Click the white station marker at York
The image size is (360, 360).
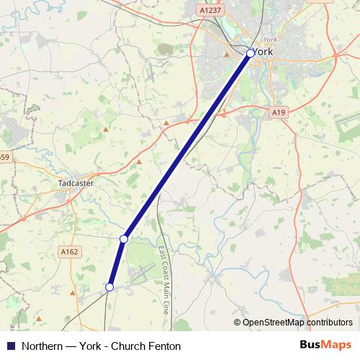[x=250, y=53]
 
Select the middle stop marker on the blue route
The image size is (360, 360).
[x=124, y=238]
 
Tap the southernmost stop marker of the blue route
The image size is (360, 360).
[x=109, y=287]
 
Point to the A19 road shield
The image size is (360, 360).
[x=279, y=112]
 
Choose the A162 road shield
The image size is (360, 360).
[x=69, y=251]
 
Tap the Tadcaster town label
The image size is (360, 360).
[x=76, y=184]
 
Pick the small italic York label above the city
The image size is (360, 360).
[x=270, y=40]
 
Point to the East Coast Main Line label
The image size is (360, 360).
[x=163, y=279]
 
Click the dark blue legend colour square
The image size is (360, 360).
[x=10, y=346]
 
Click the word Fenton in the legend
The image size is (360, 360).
[x=164, y=346]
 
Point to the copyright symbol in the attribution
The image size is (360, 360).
[x=237, y=323]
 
